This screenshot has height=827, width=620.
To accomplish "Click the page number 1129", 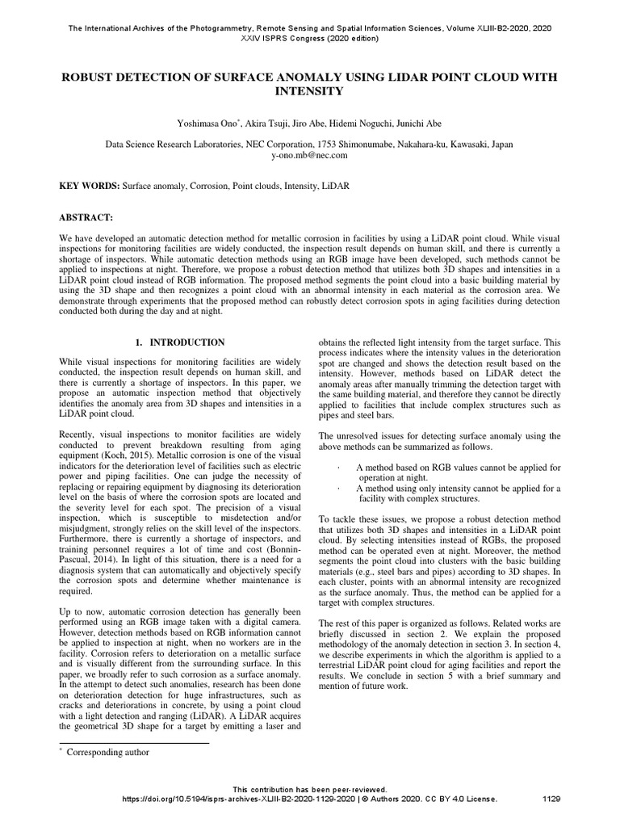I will [551, 799].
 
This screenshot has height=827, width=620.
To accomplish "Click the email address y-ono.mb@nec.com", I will [309, 155].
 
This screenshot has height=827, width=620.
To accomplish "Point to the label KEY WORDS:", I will [90, 186].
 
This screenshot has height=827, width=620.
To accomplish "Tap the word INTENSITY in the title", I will [310, 92].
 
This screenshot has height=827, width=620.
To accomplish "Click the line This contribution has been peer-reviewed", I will [310, 789].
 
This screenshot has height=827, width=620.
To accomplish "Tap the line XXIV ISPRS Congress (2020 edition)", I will [310, 38].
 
